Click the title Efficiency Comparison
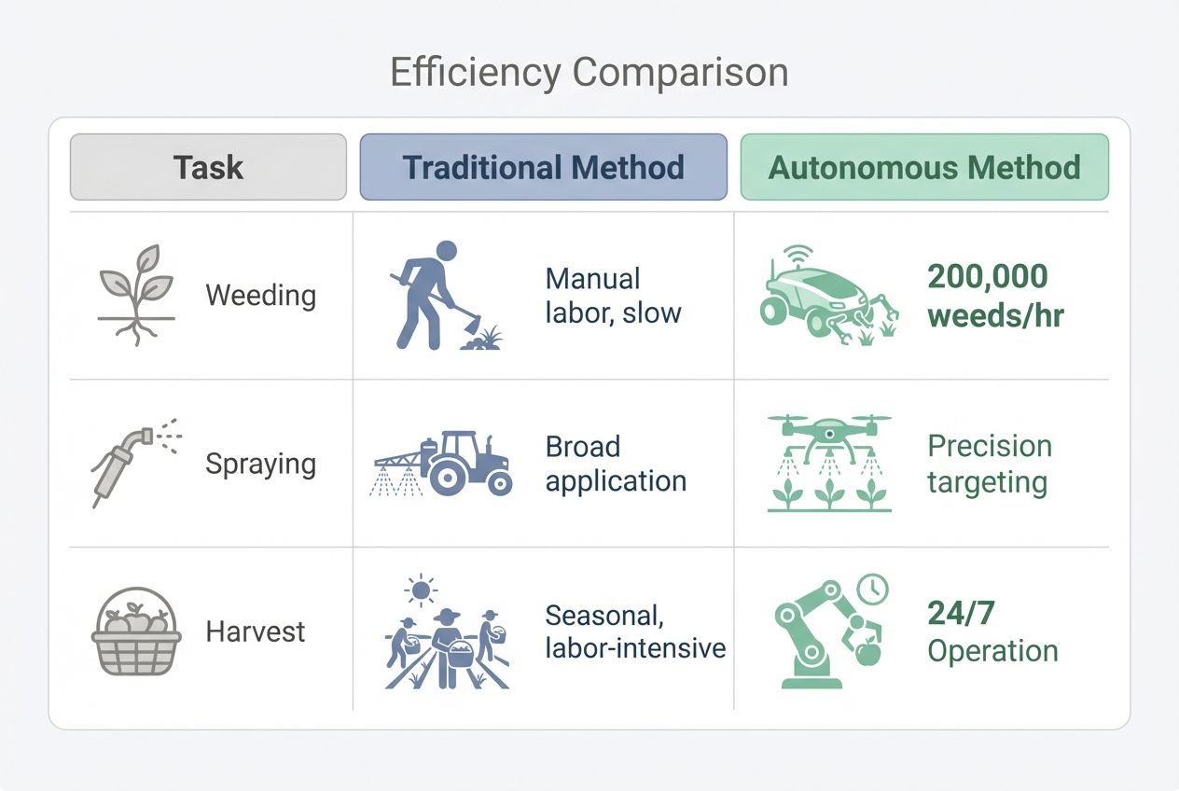click(x=589, y=73)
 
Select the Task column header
click(x=208, y=167)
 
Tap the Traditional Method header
click(x=543, y=167)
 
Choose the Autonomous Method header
click(x=924, y=167)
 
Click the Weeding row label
click(x=260, y=296)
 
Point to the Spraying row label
click(x=260, y=464)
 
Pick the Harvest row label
click(x=255, y=631)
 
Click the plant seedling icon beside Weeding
click(x=136, y=294)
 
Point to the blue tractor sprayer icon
click(x=445, y=464)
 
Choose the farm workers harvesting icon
click(x=446, y=634)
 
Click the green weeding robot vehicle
click(x=825, y=297)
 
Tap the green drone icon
click(x=829, y=463)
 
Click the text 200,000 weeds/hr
click(x=995, y=296)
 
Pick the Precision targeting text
click(x=989, y=464)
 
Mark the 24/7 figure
click(x=961, y=613)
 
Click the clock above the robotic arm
click(x=873, y=589)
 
